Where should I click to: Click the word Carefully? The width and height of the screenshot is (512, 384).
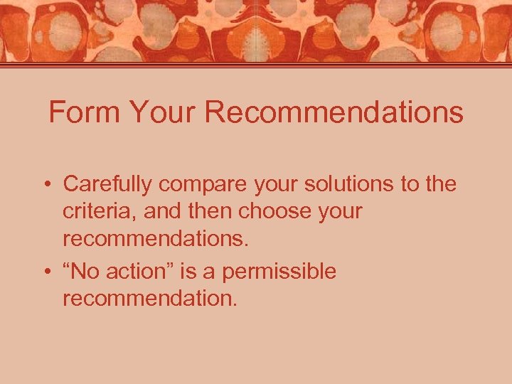click(x=107, y=184)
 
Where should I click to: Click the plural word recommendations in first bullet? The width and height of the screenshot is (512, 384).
click(x=156, y=239)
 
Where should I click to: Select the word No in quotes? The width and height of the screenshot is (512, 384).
click(x=82, y=271)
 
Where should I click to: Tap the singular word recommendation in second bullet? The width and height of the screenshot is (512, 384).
click(x=150, y=299)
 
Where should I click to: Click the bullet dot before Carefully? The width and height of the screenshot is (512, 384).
click(x=45, y=186)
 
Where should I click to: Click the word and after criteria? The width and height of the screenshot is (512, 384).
click(x=164, y=212)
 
